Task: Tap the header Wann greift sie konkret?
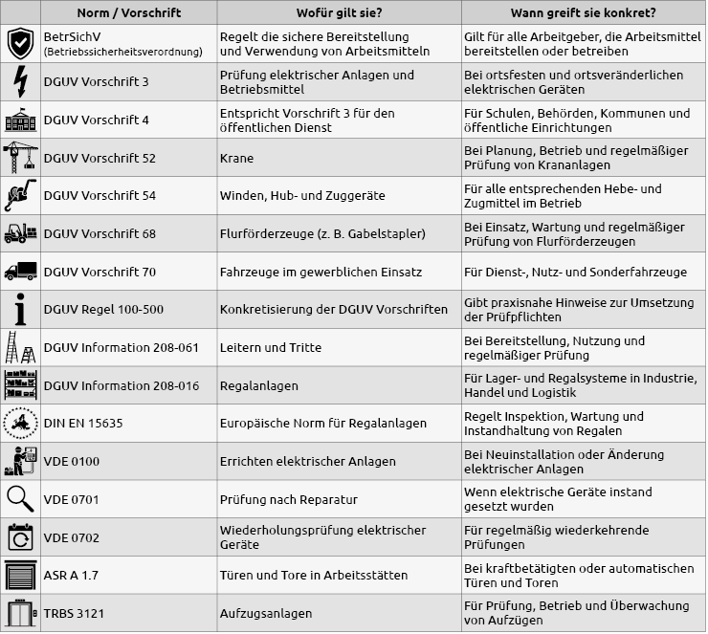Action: coord(583,12)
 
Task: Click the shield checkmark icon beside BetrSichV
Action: coord(20,44)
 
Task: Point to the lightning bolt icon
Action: coord(20,82)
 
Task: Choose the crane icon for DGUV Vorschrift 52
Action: coord(20,158)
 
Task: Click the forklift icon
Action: coord(20,233)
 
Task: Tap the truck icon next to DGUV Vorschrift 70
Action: coord(20,272)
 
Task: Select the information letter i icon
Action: coord(20,309)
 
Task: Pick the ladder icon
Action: coord(20,347)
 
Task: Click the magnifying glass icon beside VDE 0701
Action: coord(20,498)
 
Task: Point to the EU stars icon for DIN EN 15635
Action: coord(20,423)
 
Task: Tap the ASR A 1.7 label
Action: coord(72,575)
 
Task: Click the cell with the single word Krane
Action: coord(236,158)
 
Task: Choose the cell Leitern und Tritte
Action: coord(271,347)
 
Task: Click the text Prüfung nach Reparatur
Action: coord(288,499)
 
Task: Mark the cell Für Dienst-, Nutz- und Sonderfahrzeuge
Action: coord(575,272)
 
